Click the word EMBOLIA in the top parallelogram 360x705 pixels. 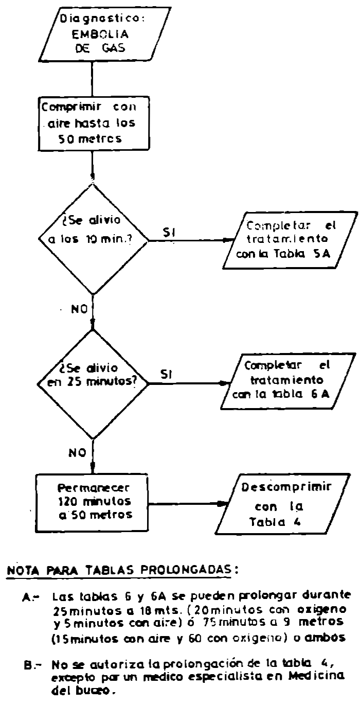pyautogui.click(x=93, y=37)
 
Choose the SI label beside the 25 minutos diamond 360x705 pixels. pyautogui.click(x=166, y=377)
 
